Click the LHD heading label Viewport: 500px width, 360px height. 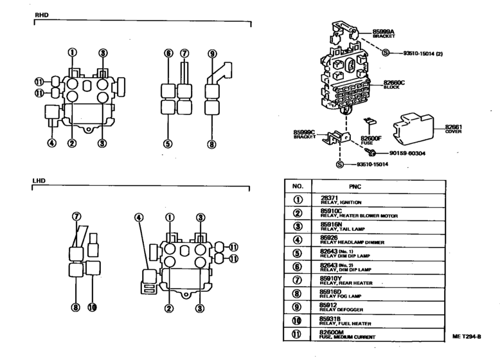pos(40,181)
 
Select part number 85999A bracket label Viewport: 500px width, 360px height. pos(383,33)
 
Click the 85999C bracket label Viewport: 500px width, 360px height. pos(304,134)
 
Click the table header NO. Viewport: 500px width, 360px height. pos(298,186)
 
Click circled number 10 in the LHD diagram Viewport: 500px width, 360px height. pos(92,307)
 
